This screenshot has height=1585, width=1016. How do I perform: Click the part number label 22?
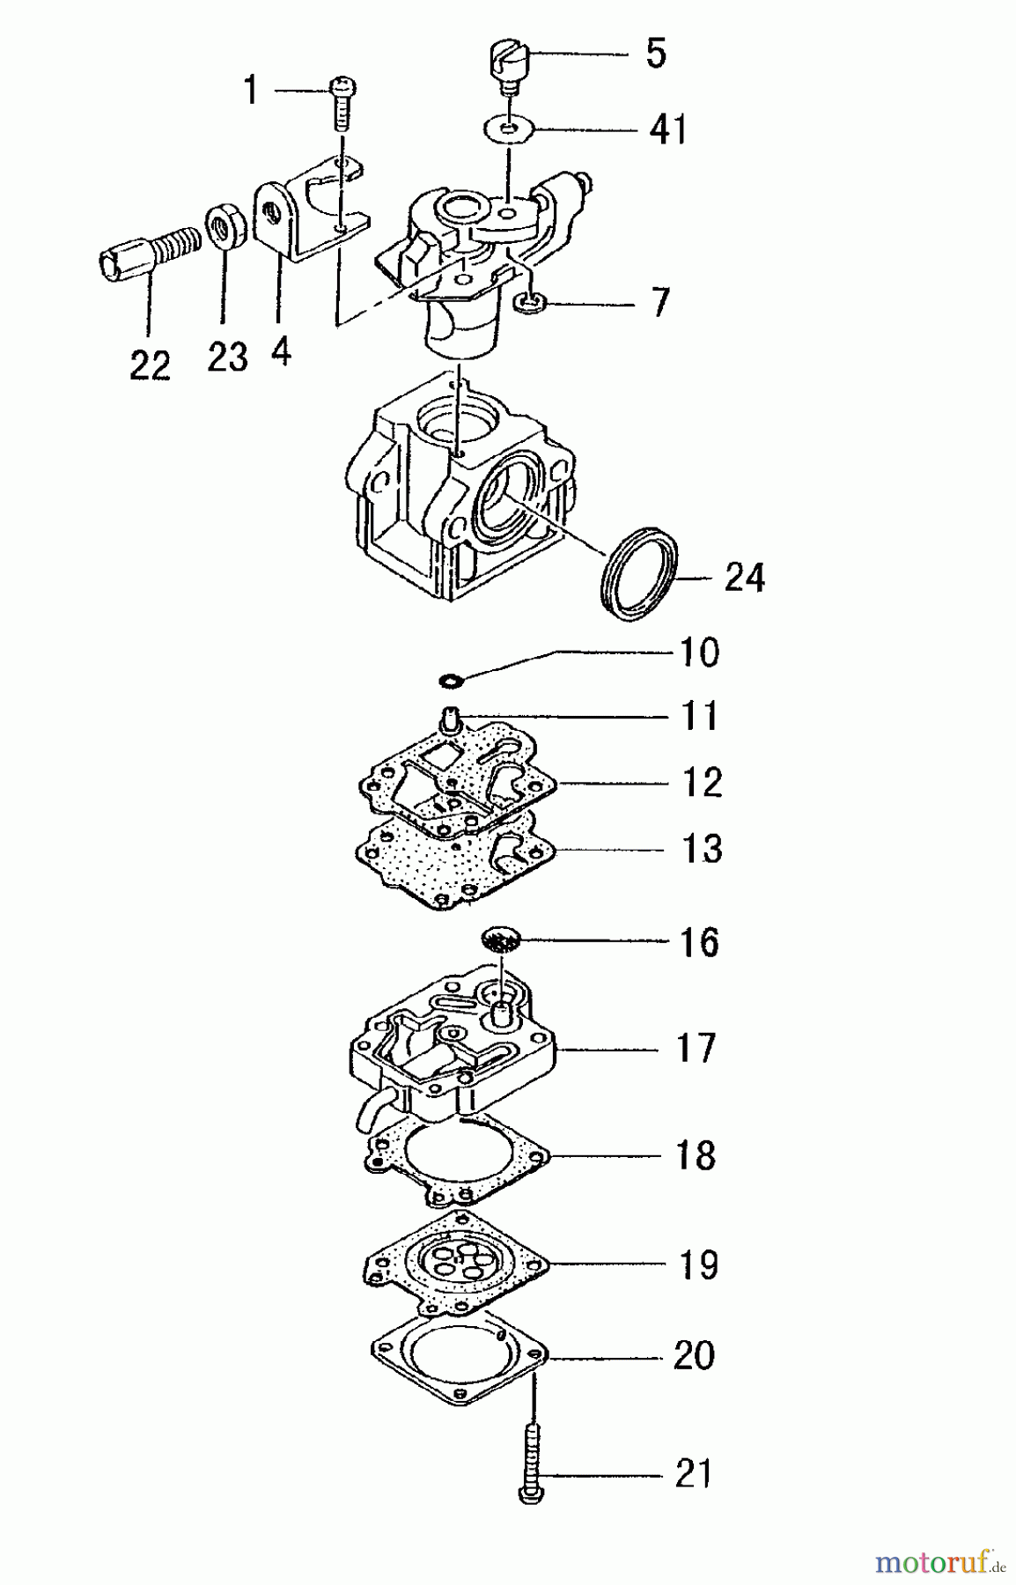click(x=149, y=365)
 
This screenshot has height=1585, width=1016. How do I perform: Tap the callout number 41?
click(x=667, y=129)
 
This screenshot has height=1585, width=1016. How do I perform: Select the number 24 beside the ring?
click(x=744, y=578)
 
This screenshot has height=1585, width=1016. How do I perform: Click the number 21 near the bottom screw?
click(x=692, y=1473)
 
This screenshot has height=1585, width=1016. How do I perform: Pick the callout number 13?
click(x=702, y=849)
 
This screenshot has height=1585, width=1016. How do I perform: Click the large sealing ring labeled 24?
click(x=642, y=575)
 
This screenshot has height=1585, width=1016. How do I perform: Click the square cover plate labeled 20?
click(x=458, y=1364)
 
